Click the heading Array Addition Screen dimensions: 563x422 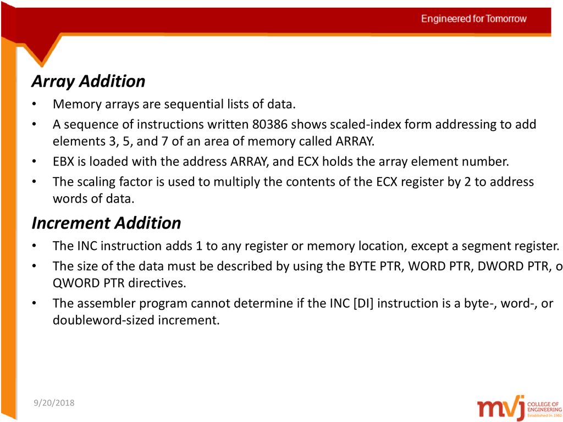(89, 81)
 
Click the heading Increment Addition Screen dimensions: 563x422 (106, 223)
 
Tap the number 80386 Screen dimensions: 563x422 (269, 124)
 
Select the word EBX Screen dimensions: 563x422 (63, 162)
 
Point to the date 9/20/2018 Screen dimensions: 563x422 (54, 403)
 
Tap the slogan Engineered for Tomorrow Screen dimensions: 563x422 (473, 19)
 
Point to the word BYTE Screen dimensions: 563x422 (362, 266)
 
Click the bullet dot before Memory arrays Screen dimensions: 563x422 (34, 104)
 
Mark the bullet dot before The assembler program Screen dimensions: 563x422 (34, 303)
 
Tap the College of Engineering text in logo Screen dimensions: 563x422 (544, 407)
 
